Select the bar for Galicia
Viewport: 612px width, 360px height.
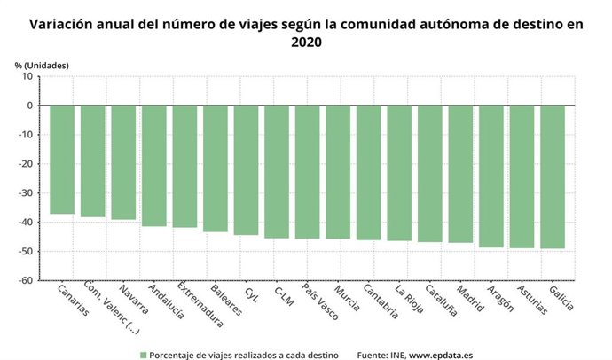552,176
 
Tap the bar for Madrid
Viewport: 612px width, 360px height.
460,174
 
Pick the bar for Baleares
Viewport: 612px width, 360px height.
216,168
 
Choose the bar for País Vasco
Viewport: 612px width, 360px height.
307,172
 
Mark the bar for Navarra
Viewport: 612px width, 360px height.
123,162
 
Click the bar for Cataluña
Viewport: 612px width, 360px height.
429,174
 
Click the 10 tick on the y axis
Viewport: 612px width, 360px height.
27,77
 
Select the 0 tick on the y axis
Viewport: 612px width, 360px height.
29,106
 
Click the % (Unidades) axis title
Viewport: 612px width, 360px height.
41,65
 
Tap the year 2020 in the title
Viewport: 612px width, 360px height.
305,42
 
